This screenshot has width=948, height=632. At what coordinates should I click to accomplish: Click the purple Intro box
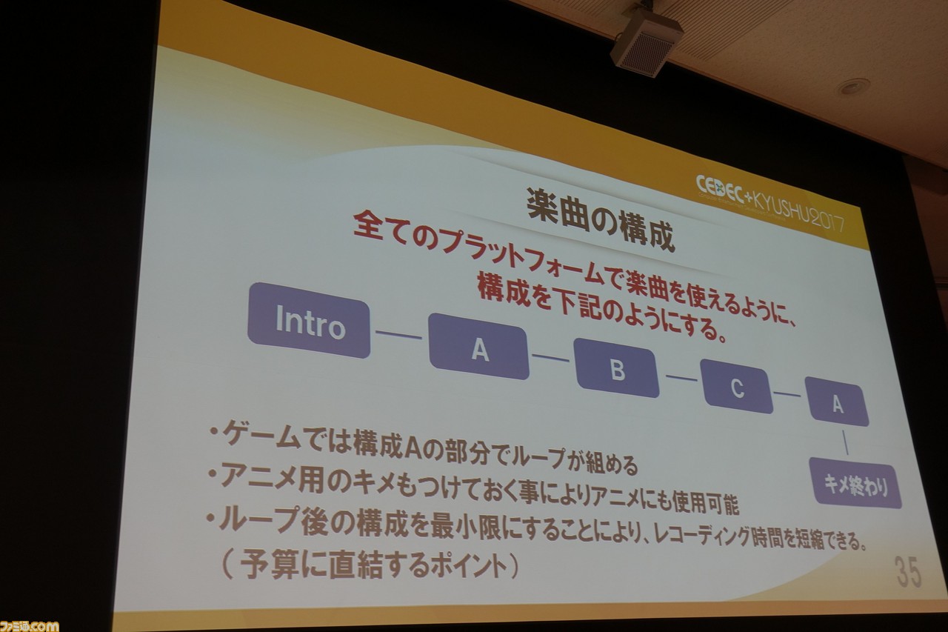click(x=309, y=320)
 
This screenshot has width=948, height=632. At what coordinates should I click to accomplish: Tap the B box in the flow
click(x=617, y=367)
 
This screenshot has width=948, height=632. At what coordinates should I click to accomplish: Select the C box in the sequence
click(x=736, y=386)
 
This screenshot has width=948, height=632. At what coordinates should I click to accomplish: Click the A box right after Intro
click(x=479, y=346)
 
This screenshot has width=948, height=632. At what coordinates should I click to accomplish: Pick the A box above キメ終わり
click(x=837, y=402)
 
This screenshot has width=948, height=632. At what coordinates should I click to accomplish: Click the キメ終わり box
click(x=855, y=482)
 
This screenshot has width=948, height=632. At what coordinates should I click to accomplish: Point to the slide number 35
click(x=908, y=572)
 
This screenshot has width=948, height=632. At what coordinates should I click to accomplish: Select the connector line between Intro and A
click(x=398, y=334)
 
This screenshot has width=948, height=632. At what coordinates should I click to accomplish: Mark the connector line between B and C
click(x=681, y=377)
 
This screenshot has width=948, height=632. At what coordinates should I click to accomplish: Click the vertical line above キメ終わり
click(x=845, y=442)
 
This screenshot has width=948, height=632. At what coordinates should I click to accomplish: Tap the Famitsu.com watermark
click(x=29, y=625)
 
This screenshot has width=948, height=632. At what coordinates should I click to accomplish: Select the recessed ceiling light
click(x=851, y=87)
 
